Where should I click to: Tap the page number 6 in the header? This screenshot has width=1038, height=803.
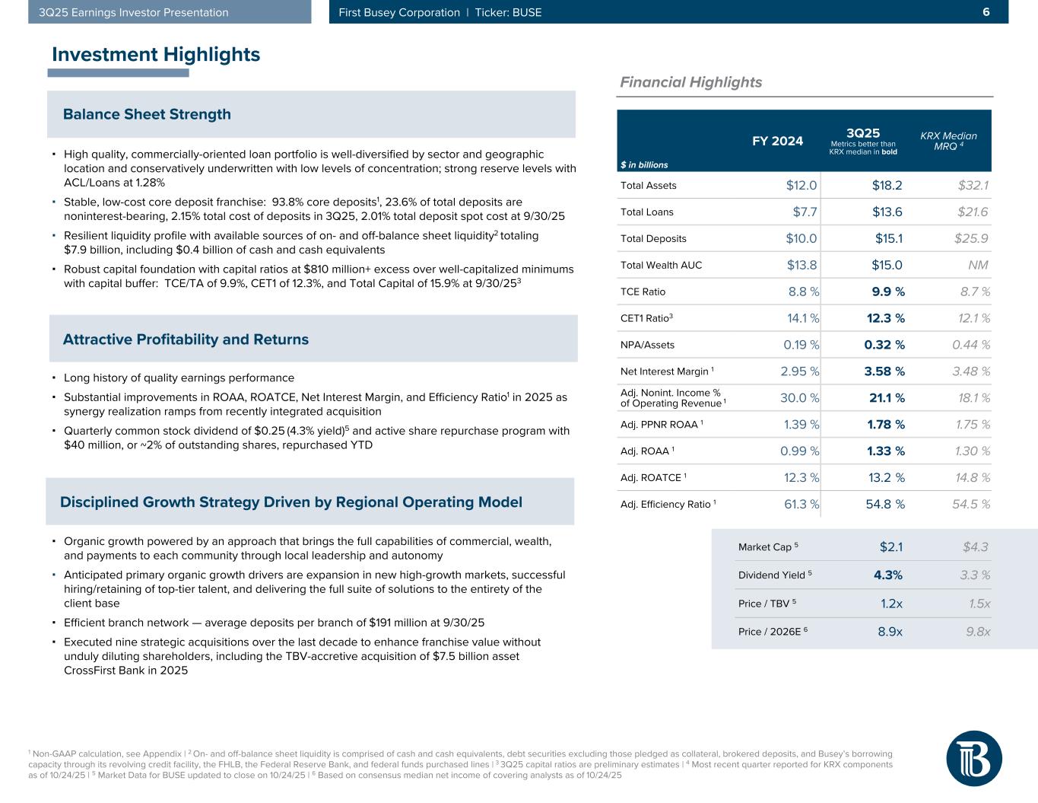[x=986, y=12]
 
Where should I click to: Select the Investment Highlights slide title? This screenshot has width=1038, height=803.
[x=156, y=55]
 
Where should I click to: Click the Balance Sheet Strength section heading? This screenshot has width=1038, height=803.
[x=147, y=114]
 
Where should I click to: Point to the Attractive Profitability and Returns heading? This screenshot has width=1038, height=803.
[x=186, y=339]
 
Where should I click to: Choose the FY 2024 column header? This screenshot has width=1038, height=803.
[x=777, y=141]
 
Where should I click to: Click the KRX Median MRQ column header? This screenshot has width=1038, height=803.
[x=948, y=141]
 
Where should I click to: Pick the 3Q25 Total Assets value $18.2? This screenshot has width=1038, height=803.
[x=887, y=185]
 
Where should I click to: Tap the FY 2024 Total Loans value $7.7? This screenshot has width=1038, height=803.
[x=805, y=212]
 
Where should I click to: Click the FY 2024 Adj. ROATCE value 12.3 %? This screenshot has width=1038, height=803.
[x=802, y=478]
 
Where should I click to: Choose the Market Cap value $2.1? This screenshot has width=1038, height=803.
[x=890, y=546]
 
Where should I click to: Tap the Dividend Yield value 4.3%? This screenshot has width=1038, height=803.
[x=888, y=575]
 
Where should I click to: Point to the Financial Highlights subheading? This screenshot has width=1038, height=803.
[x=691, y=82]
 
